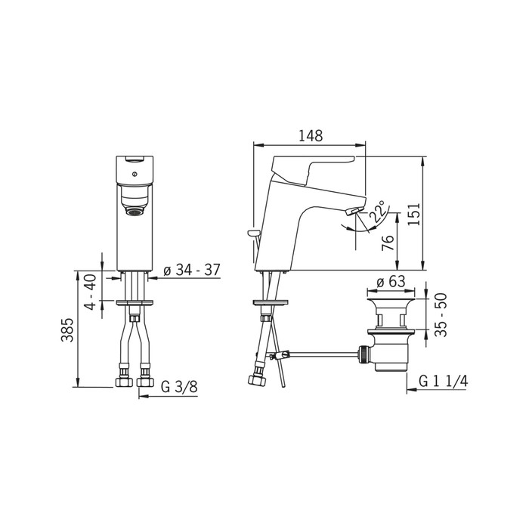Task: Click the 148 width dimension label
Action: [311, 135]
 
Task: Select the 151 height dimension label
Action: [414, 214]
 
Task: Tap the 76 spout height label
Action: [388, 243]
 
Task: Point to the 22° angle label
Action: [378, 211]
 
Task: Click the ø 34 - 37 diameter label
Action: [192, 271]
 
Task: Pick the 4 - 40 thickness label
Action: [90, 292]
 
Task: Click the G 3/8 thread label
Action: [179, 387]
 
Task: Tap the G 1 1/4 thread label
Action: [444, 381]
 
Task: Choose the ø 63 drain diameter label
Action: [391, 281]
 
